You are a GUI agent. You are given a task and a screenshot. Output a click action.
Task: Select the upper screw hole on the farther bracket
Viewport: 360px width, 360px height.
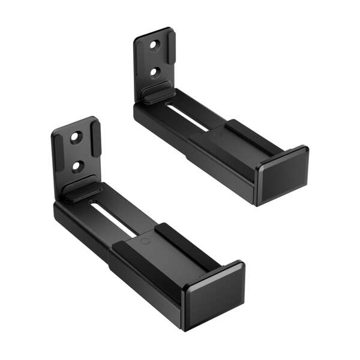pyautogui.click(x=154, y=45)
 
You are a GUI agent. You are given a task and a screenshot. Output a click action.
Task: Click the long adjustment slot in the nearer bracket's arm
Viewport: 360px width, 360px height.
pyautogui.click(x=114, y=220)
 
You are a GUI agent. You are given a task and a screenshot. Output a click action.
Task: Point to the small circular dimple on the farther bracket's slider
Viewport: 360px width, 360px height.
pyautogui.click(x=214, y=135)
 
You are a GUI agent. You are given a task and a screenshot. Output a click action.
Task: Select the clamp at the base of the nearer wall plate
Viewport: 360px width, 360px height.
pyautogui.click(x=82, y=191)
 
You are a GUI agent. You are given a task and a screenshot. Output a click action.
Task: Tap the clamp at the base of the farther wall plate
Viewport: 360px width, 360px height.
pyautogui.click(x=158, y=92)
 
